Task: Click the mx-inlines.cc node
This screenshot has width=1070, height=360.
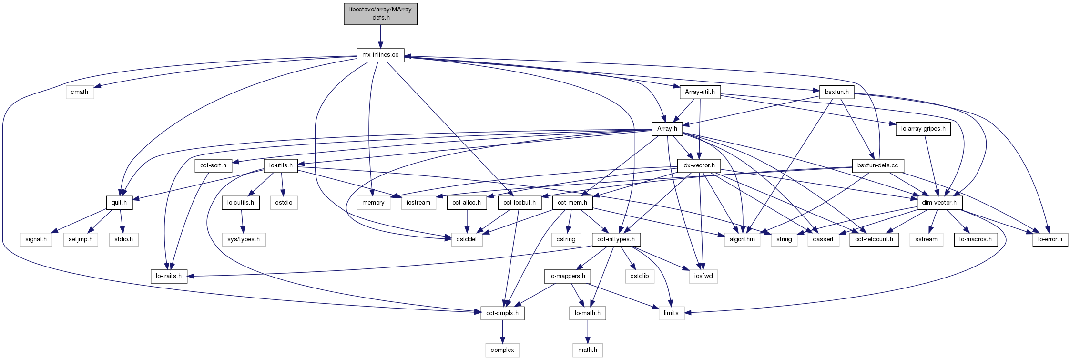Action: (380, 55)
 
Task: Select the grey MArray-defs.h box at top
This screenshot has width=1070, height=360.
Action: (380, 13)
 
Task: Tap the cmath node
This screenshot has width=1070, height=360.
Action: (80, 92)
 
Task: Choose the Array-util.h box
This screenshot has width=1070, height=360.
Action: (700, 92)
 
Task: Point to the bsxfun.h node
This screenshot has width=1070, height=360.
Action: (837, 92)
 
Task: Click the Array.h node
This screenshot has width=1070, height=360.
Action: (667, 129)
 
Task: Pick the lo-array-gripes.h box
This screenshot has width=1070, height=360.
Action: (923, 129)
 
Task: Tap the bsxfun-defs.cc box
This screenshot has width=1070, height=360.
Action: (877, 165)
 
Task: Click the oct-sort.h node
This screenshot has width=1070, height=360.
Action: (213, 165)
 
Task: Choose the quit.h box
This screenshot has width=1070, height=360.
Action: (119, 203)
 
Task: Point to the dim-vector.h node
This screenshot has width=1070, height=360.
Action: (939, 203)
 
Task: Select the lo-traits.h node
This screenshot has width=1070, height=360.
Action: (169, 276)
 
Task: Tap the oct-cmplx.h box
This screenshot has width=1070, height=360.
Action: (502, 313)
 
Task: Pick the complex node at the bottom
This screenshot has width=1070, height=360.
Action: (502, 350)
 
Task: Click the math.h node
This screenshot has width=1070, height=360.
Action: (588, 350)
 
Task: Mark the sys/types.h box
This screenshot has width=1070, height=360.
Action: (244, 239)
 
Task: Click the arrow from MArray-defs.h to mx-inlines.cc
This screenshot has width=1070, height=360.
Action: (380, 36)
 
